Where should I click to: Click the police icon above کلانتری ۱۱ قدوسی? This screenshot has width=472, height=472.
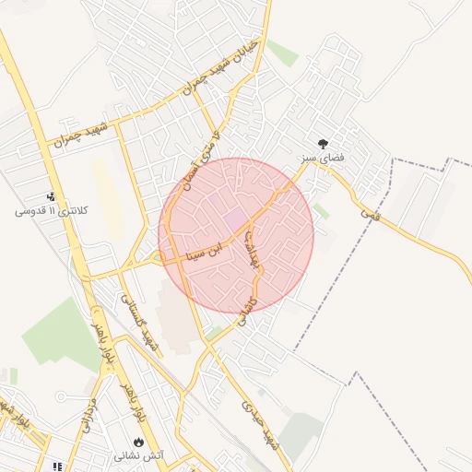(52, 195)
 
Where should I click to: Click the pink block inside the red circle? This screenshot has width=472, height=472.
(236, 219)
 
